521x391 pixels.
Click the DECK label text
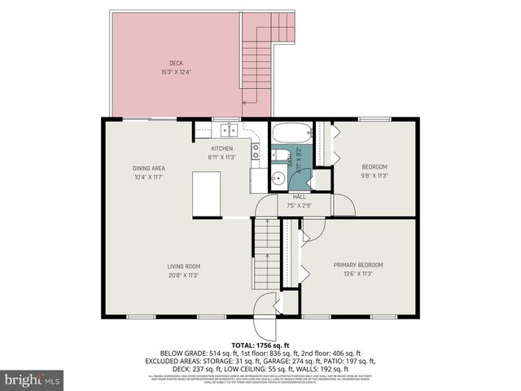(x=177, y=63)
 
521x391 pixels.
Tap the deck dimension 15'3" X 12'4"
(x=177, y=71)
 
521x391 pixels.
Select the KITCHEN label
(x=222, y=149)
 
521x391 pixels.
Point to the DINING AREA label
(x=149, y=169)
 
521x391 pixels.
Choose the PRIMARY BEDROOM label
(x=359, y=266)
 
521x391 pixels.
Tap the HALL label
(x=300, y=197)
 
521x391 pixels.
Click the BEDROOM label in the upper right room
(x=375, y=167)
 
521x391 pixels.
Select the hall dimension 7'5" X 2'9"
(x=300, y=205)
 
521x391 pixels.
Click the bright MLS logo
(x=33, y=380)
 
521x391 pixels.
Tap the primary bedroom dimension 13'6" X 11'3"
(x=359, y=274)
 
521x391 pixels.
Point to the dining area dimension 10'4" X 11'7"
(x=149, y=177)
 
